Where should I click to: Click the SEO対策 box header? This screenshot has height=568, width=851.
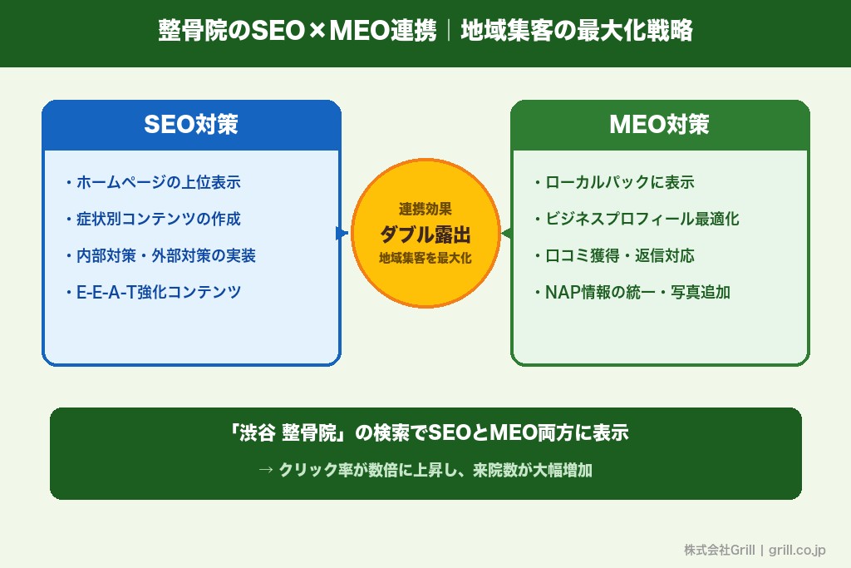[x=191, y=125]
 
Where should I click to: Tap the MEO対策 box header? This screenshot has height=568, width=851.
[x=659, y=125]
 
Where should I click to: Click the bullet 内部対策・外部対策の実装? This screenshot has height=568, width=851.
[x=160, y=255]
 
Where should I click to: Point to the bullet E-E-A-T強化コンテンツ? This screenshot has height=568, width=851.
[x=153, y=292]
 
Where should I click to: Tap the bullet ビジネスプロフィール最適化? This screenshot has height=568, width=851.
[x=637, y=219]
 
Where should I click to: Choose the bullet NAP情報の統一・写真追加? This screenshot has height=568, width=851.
[x=632, y=292]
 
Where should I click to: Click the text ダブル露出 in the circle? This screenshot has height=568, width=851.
[x=425, y=234]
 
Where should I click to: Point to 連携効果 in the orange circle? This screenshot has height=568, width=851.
[x=425, y=209]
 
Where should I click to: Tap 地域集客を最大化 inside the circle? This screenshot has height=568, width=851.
[x=425, y=259]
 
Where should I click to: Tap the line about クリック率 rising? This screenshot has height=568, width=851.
[x=425, y=470]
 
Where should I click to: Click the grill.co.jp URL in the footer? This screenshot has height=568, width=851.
[x=797, y=550]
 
